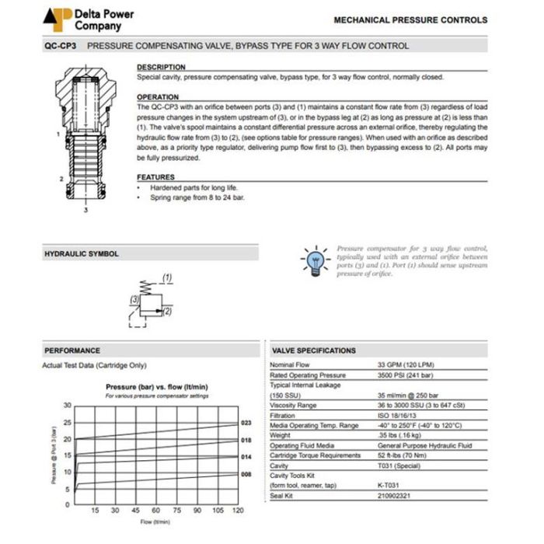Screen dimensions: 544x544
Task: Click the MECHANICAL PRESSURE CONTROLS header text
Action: [410, 20]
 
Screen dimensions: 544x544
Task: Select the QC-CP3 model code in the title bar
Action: [59, 46]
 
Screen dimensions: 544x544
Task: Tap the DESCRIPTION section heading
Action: [161, 68]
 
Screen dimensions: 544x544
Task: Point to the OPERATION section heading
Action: [158, 97]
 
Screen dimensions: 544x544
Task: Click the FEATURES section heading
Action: [155, 177]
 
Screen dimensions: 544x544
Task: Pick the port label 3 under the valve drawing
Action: [84, 210]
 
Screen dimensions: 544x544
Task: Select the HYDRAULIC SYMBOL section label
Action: [82, 254]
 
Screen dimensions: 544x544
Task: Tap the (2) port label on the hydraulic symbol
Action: [166, 311]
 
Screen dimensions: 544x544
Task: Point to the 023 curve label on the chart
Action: [246, 424]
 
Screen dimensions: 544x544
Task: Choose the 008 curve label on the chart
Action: [246, 473]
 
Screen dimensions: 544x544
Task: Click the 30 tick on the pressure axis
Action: [67, 406]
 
